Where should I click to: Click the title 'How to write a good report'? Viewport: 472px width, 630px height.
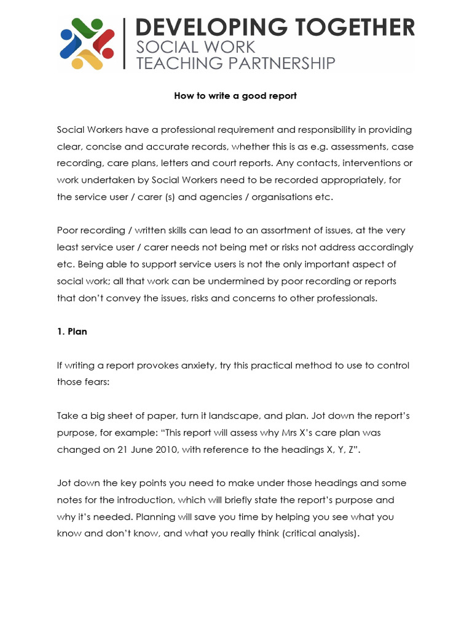[235, 96]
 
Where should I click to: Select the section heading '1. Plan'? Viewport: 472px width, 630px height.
[72, 332]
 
